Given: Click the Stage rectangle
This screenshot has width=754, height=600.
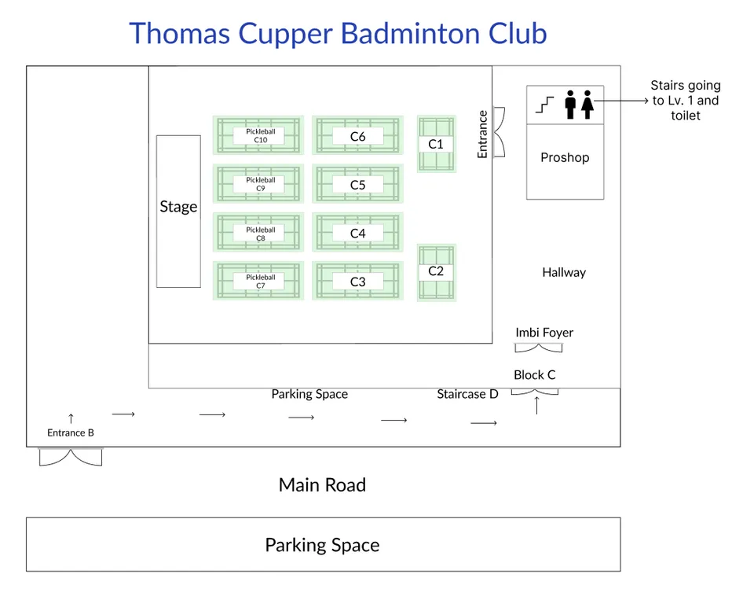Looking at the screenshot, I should [x=178, y=211].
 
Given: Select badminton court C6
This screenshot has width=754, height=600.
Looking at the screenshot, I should [x=357, y=136].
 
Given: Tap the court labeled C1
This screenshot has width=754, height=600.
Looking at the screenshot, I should [x=436, y=144].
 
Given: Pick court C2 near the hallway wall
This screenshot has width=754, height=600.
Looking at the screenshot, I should [x=436, y=271].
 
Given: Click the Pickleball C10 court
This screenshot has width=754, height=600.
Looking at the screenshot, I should [x=258, y=135].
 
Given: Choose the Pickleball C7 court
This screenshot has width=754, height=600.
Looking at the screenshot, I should [x=258, y=281].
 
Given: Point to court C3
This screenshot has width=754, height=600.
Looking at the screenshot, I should [x=357, y=281].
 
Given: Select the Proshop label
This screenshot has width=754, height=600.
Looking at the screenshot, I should [x=564, y=157].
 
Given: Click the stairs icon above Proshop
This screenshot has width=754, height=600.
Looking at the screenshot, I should [x=544, y=104].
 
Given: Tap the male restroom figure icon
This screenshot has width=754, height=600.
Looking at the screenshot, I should [x=570, y=104].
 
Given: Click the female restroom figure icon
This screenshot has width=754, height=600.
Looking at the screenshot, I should [x=587, y=104].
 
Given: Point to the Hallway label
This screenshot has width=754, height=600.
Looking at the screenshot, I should [x=563, y=272].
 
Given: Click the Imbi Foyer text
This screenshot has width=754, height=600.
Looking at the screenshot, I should [x=544, y=333].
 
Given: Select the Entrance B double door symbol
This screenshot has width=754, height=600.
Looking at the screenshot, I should [x=71, y=456].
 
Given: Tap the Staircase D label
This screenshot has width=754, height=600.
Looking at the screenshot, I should [x=467, y=394].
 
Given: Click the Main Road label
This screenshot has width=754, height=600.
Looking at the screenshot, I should [x=322, y=484].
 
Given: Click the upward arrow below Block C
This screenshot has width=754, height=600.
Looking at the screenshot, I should [x=536, y=405].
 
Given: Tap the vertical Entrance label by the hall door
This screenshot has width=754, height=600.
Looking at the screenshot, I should [x=482, y=134].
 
